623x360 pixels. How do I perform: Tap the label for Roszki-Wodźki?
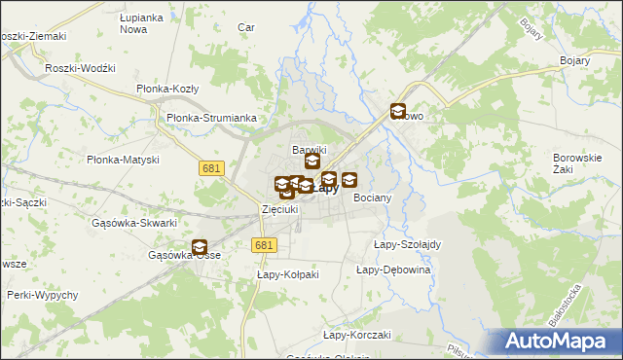(81, 69)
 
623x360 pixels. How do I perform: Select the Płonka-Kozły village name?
(167, 89)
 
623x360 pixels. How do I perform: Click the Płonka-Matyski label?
(123, 160)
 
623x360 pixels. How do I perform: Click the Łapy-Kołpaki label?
(288, 275)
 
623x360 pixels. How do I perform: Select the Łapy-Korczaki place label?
(356, 335)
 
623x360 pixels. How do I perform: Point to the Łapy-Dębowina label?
(393, 270)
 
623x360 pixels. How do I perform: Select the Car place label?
(246, 27)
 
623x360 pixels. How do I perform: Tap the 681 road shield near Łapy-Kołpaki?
(262, 247)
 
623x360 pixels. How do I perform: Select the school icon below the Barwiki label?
(311, 162)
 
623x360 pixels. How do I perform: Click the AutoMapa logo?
(557, 342)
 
